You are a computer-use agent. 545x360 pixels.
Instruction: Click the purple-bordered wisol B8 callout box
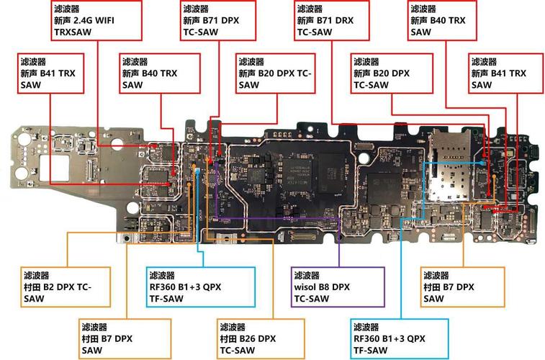pos(337,287)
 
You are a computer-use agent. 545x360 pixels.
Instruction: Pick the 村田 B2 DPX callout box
pos(66,287)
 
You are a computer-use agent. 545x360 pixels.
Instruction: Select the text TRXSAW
pos(73,32)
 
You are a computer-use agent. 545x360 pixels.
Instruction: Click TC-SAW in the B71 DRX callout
pos(315,32)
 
